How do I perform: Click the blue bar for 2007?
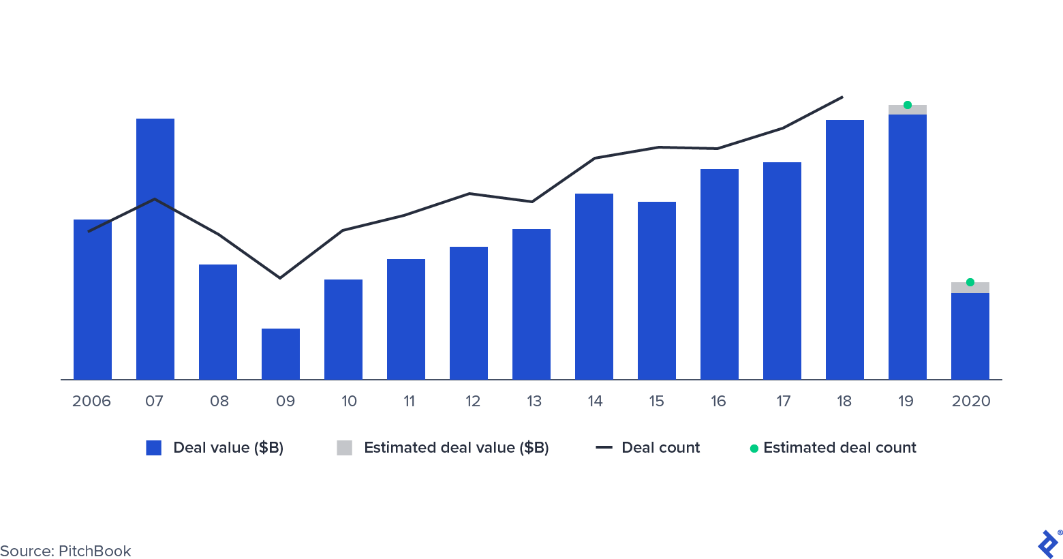point(155,249)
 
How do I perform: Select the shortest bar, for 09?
point(281,354)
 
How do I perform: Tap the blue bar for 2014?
point(594,286)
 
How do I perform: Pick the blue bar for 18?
point(845,250)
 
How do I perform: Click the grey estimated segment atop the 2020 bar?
point(970,288)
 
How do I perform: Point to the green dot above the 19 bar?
point(908,105)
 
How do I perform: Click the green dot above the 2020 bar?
point(970,282)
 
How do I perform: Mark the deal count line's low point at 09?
point(279,278)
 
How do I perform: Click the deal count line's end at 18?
point(843,97)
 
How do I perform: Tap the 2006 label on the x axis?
point(91,401)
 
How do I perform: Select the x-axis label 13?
point(534,401)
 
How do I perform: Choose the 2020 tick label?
point(971,401)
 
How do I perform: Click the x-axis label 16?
point(718,401)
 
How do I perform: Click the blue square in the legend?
point(154,448)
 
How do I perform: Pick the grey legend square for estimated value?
point(345,448)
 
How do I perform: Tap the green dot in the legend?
point(754,448)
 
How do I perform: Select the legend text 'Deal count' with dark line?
point(660,448)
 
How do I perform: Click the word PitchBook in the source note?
point(95,551)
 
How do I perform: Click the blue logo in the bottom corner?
point(1047,544)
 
